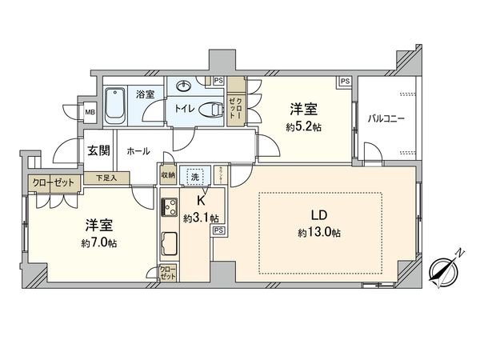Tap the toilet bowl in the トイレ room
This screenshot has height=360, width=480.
point(210,111)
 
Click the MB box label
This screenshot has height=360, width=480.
point(90,111)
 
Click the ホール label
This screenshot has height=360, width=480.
point(138,150)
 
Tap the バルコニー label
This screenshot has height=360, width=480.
point(386,118)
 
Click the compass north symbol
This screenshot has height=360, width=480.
point(442,270)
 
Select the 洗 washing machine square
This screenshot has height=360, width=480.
point(194,176)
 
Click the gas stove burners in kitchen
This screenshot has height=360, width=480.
point(170,208)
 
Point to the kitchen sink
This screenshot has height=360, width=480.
point(170,242)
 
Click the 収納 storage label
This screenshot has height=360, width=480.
point(167,175)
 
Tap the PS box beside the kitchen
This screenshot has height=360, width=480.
point(218,230)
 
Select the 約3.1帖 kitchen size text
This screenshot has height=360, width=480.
point(196,218)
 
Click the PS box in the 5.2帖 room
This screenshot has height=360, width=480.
point(344,82)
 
